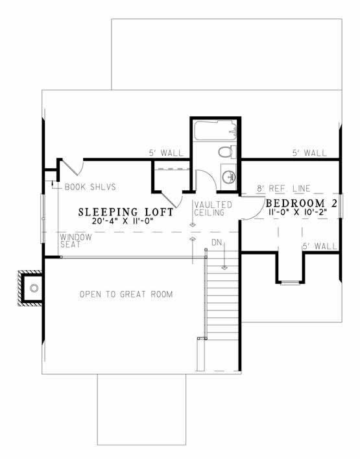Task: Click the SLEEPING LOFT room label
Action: point(126,212)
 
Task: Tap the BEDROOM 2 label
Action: point(302,203)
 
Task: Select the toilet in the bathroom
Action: point(224,153)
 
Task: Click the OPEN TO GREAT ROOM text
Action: point(126,295)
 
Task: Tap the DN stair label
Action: point(217,242)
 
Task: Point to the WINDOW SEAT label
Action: point(77,241)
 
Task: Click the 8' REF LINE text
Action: point(283,188)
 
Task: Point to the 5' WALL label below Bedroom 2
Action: point(319,247)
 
